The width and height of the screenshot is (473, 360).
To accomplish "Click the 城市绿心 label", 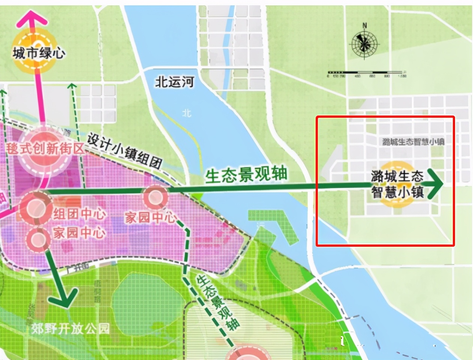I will click(39, 53).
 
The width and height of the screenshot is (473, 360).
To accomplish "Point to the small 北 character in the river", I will click(187, 112).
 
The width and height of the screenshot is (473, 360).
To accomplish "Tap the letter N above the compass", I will click(364, 26).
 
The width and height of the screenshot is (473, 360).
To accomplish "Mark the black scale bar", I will click(366, 72).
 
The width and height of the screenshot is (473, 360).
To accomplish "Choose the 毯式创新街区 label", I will click(45, 148).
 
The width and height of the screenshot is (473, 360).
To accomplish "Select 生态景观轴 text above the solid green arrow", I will click(246, 174).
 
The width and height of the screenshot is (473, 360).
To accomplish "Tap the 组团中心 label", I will click(79, 214).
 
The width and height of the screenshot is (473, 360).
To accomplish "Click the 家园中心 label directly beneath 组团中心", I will click(79, 232).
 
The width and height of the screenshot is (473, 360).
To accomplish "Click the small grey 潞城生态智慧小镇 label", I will click(413, 142).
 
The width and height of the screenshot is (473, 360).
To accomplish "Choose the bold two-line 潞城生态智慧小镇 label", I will click(397, 184).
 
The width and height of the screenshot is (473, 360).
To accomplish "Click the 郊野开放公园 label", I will click(70, 329).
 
